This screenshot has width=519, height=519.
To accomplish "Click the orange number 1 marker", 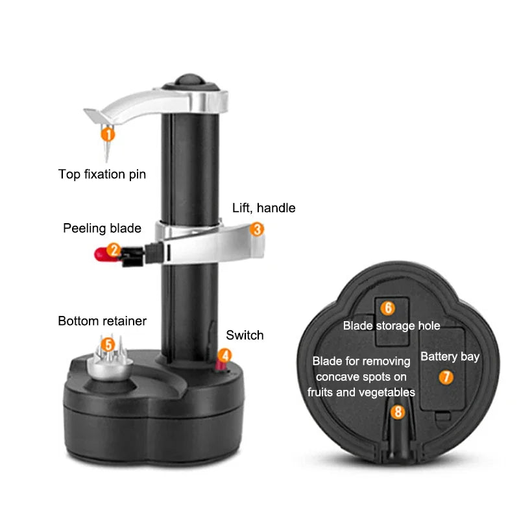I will tap(108, 135).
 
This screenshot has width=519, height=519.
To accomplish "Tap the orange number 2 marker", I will tap(114, 248).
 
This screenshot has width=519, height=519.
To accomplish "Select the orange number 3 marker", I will tap(257, 229).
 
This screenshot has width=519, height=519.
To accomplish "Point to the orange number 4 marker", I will tap(224, 356).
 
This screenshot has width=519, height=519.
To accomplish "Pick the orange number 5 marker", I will tap(108, 344).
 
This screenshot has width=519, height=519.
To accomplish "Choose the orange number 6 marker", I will tap(387, 308).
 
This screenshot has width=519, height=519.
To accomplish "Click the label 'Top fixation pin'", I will tap(102, 174).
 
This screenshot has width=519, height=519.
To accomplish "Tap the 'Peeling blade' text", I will tap(102, 228).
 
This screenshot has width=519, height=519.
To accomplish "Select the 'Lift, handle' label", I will tap(264, 208).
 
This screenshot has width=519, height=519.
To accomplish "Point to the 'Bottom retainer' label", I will tap(102, 320).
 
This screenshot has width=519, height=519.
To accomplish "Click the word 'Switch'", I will tap(245, 335).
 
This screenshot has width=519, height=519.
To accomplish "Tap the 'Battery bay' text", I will tap(450, 356).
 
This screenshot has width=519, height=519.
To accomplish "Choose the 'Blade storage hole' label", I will tap(391, 326).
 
